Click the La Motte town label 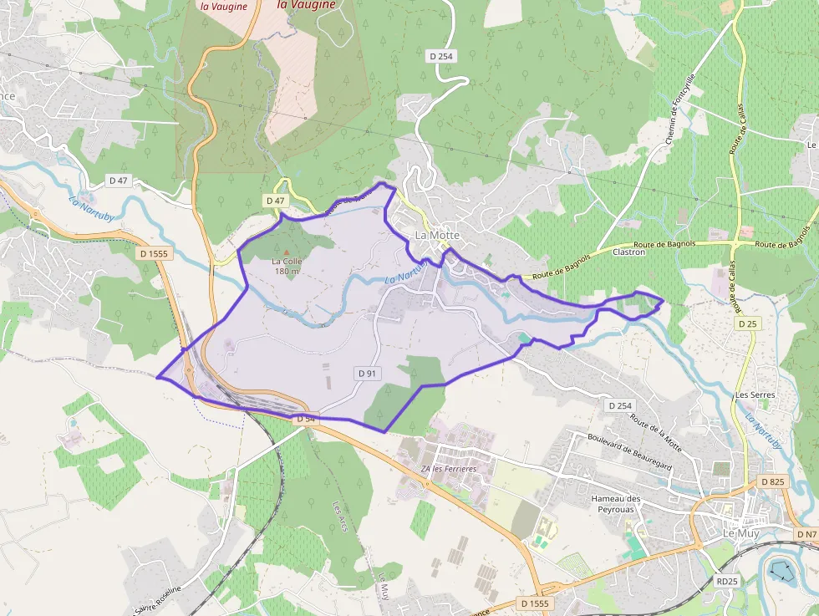tap(438, 235)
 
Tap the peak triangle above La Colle tap(287, 252)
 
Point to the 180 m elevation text tap(287, 271)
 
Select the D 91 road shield tap(366, 374)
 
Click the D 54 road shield tap(306, 417)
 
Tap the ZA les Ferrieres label tap(449, 469)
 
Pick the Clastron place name tap(629, 252)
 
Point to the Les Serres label tap(755, 395)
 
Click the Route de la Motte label tap(656, 434)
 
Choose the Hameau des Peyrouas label tap(616, 504)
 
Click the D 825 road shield tap(773, 482)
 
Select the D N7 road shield tap(806, 534)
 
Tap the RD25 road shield tap(728, 581)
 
